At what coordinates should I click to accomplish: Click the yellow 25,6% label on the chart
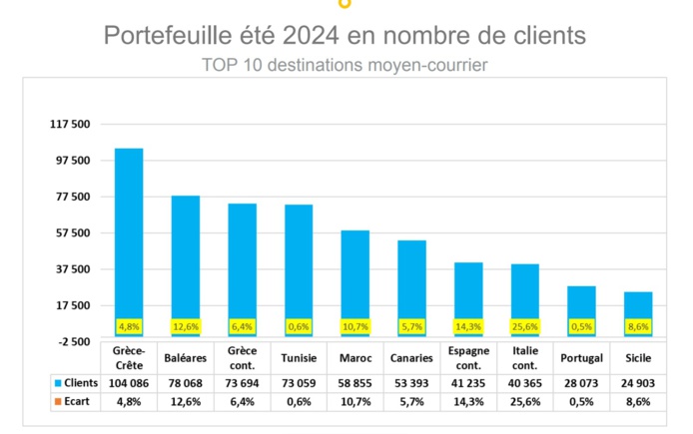[x=525, y=326]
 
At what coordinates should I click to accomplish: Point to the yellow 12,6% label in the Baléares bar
[x=186, y=326]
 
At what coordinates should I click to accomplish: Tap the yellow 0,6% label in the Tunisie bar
[x=299, y=326]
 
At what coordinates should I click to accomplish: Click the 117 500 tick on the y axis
[x=70, y=124]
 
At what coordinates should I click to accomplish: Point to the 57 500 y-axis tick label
[x=70, y=233]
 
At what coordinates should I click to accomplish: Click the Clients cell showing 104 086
[x=129, y=382]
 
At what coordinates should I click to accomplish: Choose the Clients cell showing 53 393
[x=411, y=382]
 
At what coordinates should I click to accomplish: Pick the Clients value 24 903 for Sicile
[x=638, y=382]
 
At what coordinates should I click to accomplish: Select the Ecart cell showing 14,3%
[x=468, y=402]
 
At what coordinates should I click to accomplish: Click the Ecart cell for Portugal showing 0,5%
[x=581, y=402]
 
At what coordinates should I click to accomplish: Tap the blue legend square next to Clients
[x=45, y=382]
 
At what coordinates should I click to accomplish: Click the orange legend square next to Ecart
[x=45, y=402]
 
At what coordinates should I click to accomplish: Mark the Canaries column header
[x=411, y=357]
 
